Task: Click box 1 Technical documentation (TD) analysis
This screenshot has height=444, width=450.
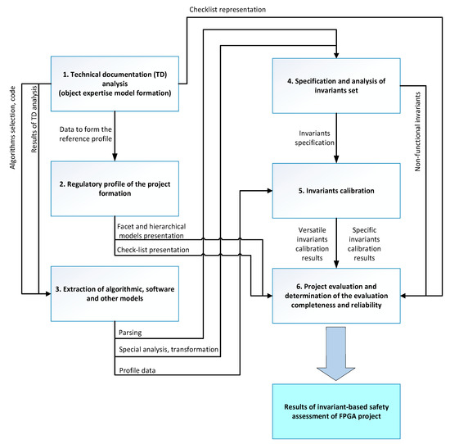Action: click(115, 84)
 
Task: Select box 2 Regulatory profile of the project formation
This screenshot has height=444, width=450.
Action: click(115, 188)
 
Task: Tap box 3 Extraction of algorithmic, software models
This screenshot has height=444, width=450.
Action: click(115, 294)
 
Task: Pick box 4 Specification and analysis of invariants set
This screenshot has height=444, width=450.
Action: click(336, 86)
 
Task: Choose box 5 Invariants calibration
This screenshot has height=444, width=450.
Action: click(336, 191)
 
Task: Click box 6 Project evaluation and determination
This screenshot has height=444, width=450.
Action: click(336, 296)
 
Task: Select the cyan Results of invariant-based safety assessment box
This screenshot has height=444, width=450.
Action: click(336, 411)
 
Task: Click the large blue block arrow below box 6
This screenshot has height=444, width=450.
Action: click(336, 353)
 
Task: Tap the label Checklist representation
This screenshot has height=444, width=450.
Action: click(227, 10)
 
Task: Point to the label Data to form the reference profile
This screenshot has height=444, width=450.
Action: click(86, 134)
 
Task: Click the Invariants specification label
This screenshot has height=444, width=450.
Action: click(314, 138)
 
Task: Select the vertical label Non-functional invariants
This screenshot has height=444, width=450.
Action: click(417, 132)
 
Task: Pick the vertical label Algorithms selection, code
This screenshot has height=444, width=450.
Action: click(12, 128)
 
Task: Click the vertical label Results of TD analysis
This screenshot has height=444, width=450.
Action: click(34, 119)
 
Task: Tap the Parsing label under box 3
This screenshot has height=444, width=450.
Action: click(130, 333)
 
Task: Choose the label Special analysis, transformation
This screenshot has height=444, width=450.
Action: click(169, 350)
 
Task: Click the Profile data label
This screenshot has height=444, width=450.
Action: click(137, 370)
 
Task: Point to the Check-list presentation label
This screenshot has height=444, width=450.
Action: click(153, 250)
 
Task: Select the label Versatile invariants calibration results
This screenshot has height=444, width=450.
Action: click(312, 244)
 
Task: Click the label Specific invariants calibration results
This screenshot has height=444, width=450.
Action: click(364, 244)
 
